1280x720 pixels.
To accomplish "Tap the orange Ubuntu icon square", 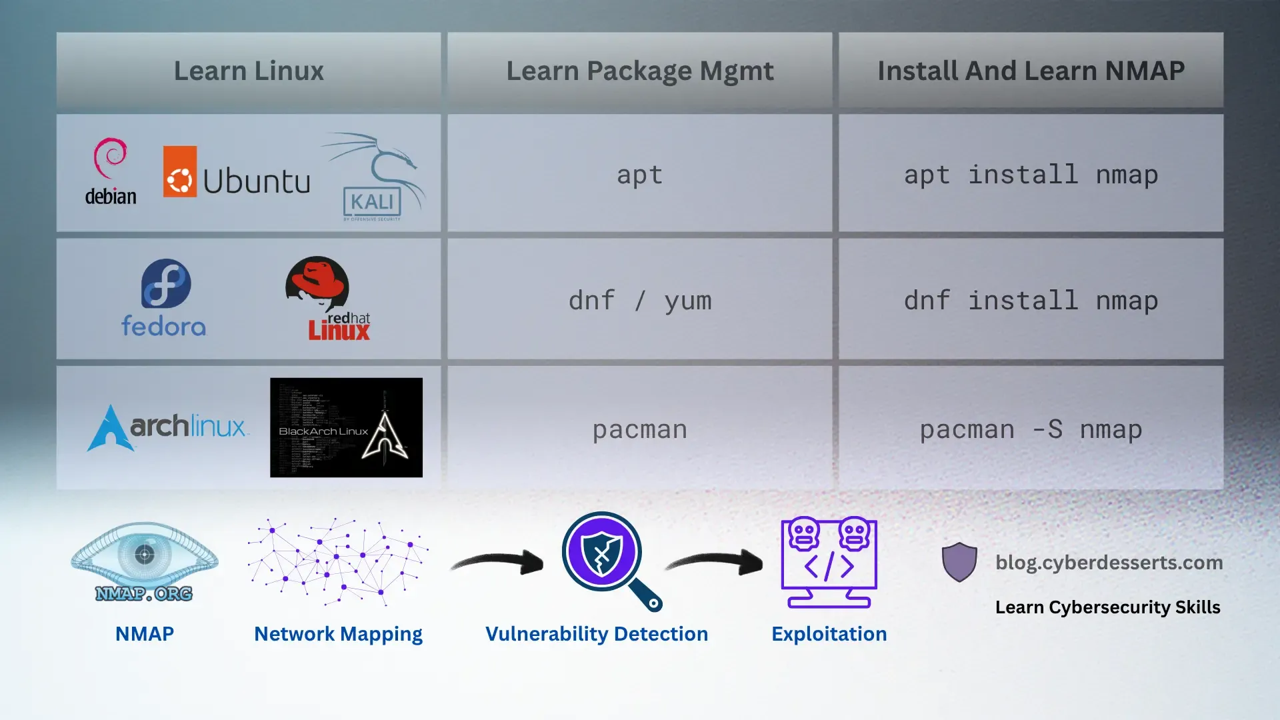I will pyautogui.click(x=179, y=172).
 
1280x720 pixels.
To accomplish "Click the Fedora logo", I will pyautogui.click(x=164, y=297).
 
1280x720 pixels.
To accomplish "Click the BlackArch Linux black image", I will pyautogui.click(x=346, y=427).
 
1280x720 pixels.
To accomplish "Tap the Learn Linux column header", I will pyautogui.click(x=249, y=71).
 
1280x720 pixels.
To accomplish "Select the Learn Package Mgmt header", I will pyautogui.click(x=639, y=71).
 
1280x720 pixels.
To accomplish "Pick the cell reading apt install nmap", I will pyautogui.click(x=1031, y=175).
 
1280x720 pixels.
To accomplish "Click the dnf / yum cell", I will pyautogui.click(x=639, y=301).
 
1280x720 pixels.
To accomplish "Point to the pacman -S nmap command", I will pyautogui.click(x=1031, y=429).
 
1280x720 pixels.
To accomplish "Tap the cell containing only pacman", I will pyautogui.click(x=639, y=429).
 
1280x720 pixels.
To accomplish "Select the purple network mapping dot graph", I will pyautogui.click(x=338, y=561).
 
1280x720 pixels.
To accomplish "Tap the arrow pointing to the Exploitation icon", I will pyautogui.click(x=717, y=561).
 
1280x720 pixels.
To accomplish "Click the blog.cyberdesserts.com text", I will pyautogui.click(x=1109, y=563).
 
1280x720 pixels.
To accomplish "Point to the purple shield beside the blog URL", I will pyautogui.click(x=959, y=561).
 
